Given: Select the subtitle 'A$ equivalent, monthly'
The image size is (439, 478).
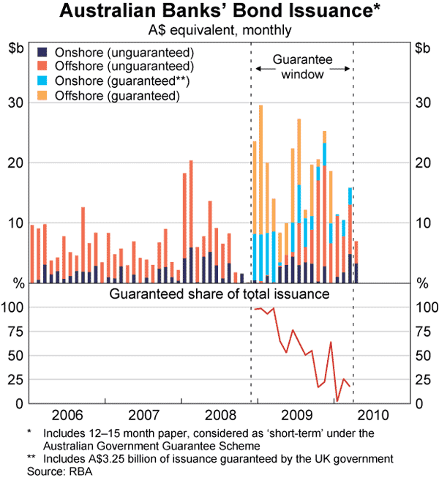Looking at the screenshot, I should [x=219, y=30].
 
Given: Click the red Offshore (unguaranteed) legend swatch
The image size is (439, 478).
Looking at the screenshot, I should [x=42, y=67].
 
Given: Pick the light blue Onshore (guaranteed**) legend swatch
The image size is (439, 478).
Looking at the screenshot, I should [x=42, y=81].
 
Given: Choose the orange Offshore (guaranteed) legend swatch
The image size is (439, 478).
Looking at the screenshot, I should [x=42, y=95].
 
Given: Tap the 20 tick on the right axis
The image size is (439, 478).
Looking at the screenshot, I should [x=422, y=163].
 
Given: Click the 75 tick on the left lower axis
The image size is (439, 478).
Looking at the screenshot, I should [x=15, y=331].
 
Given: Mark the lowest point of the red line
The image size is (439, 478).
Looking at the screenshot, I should [x=337, y=400].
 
